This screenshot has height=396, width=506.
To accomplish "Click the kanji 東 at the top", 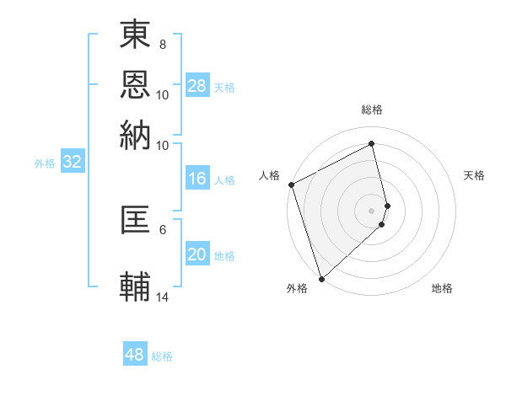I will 136,35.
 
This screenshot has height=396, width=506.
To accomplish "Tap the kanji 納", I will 136,135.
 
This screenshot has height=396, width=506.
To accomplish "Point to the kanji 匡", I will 136,220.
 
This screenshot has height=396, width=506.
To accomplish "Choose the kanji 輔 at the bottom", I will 136,285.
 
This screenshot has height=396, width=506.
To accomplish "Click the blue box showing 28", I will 197,86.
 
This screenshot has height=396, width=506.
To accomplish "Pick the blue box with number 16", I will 197,179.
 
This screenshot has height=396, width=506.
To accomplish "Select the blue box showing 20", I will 197,254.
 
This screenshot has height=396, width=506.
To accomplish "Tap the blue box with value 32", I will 72,163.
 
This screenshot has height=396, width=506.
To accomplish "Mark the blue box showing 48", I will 135,355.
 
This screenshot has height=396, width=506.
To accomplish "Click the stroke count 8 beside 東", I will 162,44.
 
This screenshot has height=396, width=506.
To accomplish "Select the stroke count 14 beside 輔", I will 163,297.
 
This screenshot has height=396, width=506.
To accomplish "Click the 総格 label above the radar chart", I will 372,110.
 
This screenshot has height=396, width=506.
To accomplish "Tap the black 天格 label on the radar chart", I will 475,175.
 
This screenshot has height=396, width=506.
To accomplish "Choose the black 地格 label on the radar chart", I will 442,288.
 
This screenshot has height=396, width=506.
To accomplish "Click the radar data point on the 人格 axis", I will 291,185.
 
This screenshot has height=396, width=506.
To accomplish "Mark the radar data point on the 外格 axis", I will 321,278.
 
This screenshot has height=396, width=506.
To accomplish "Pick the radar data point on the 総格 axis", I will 372,143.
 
